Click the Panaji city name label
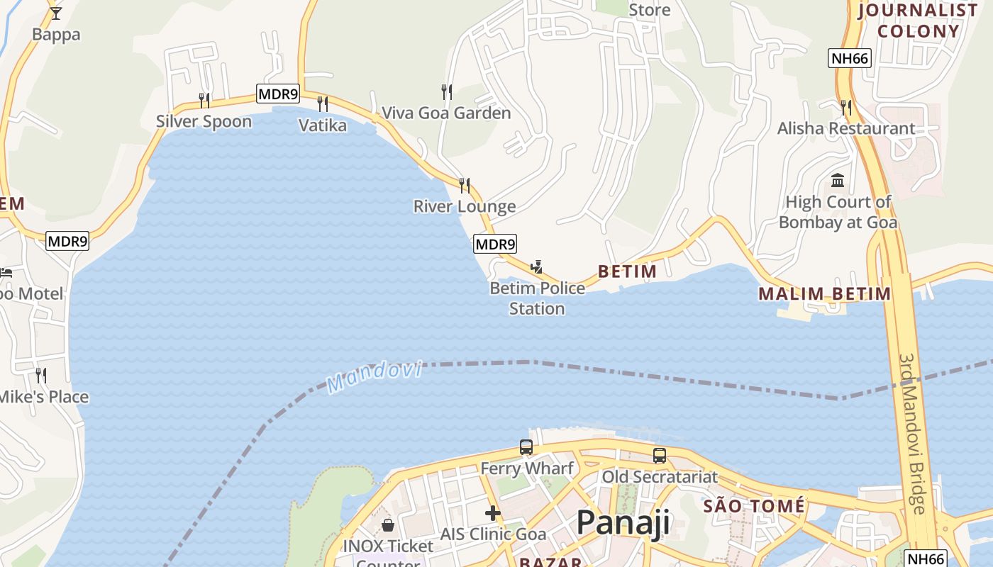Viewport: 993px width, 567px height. pos(623,523)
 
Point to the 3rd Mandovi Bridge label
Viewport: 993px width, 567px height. pos(911,434)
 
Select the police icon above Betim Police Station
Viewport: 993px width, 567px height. pos(537,267)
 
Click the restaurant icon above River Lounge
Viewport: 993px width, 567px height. pos(465,186)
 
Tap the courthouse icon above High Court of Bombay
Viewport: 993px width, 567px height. pos(838,180)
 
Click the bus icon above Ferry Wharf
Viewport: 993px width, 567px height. pos(526,447)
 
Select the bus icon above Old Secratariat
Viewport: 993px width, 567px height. pos(660,456)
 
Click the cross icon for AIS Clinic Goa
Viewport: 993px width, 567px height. pos(493,513)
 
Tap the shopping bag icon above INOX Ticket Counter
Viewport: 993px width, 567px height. pos(388,525)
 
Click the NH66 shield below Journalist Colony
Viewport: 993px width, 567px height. pos(849,58)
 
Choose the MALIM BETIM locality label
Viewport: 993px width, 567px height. pos(824,293)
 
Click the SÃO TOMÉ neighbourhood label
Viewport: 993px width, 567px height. pos(754,506)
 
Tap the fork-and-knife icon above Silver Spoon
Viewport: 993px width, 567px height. pos(204,100)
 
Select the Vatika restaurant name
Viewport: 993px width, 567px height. pos(323,125)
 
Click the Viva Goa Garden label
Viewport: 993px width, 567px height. pos(446,113)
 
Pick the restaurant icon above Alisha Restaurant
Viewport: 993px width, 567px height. pos(846,108)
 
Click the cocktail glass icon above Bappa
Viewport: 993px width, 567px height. pos(56,13)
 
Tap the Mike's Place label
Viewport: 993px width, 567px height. pos(44,397)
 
